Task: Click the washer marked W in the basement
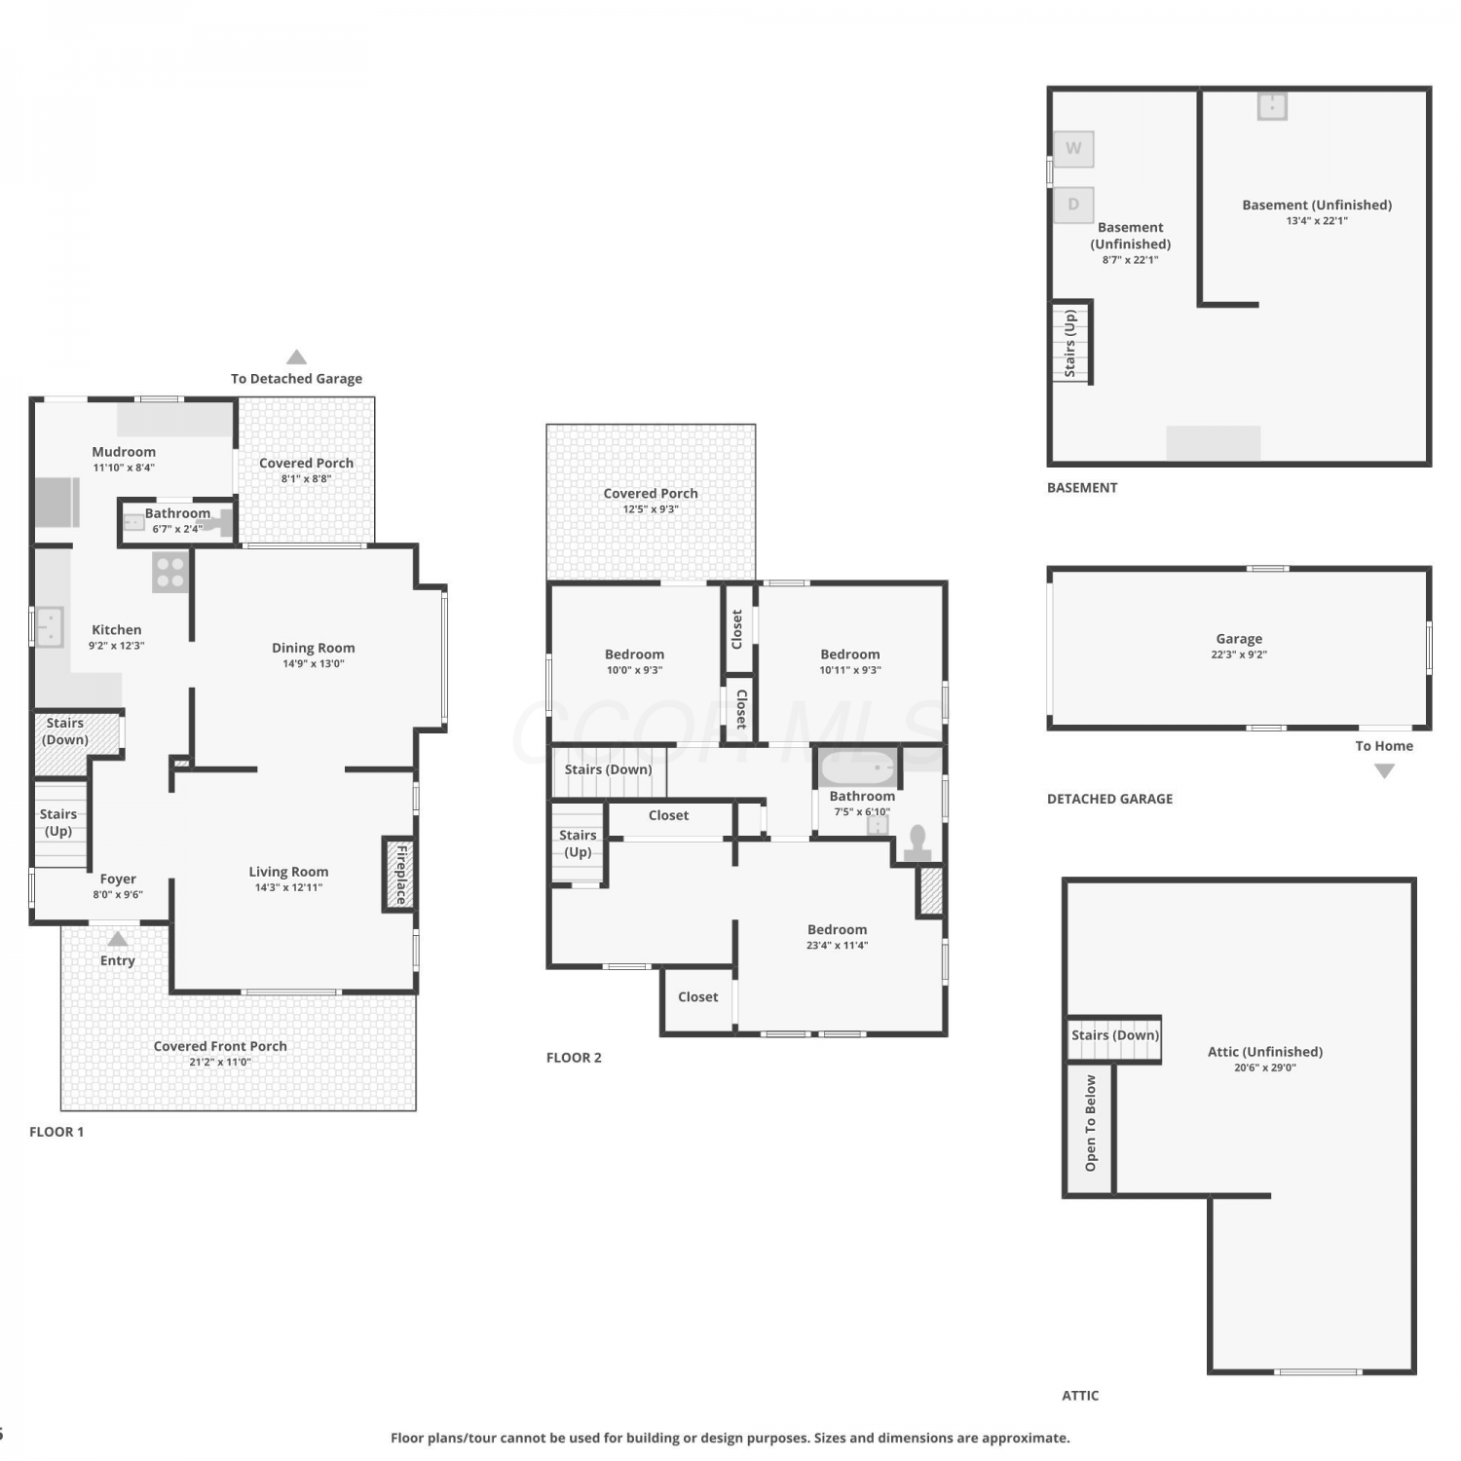pyautogui.click(x=1073, y=149)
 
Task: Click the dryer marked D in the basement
pyautogui.click(x=1073, y=205)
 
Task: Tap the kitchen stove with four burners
pyautogui.click(x=170, y=573)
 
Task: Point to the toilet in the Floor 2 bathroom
pyautogui.click(x=918, y=844)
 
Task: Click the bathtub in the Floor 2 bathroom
pyautogui.click(x=858, y=768)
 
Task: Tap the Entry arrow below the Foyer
pyautogui.click(x=118, y=939)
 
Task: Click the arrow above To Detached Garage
pyautogui.click(x=297, y=356)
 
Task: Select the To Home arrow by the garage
pyautogui.click(x=1384, y=771)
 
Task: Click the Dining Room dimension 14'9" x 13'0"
pyautogui.click(x=314, y=664)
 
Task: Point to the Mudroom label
pyautogui.click(x=124, y=452)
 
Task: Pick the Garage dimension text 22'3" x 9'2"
pyautogui.click(x=1239, y=655)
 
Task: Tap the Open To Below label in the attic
pyautogui.click(x=1091, y=1123)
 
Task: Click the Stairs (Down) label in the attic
pyautogui.click(x=1115, y=1035)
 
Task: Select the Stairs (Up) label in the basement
pyautogui.click(x=1070, y=344)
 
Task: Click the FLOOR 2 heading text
pyautogui.click(x=574, y=1058)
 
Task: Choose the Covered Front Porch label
pyautogui.click(x=220, y=1046)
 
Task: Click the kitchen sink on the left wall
pyautogui.click(x=49, y=627)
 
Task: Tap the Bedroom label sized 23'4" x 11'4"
pyautogui.click(x=837, y=930)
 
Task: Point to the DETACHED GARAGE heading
pyautogui.click(x=1109, y=799)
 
